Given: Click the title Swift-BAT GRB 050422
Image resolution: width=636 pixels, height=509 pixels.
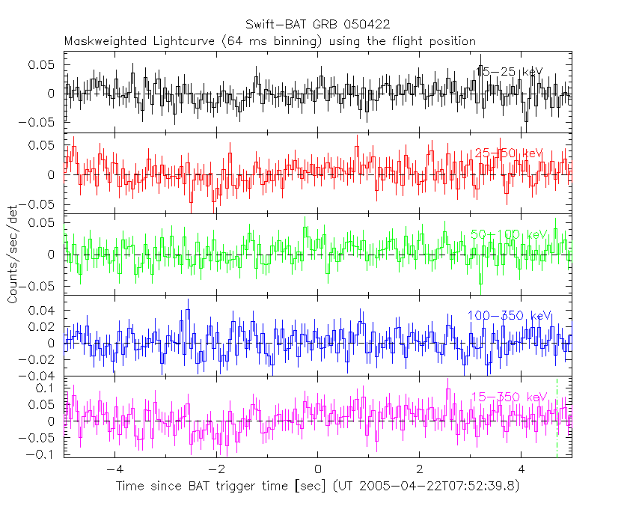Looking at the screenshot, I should (x=317, y=25).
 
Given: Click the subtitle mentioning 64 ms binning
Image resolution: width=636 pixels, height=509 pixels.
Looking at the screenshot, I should (x=269, y=40).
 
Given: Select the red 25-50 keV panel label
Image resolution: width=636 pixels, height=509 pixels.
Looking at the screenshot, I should (x=509, y=153).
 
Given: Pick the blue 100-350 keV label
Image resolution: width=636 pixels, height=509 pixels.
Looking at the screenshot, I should (x=510, y=315).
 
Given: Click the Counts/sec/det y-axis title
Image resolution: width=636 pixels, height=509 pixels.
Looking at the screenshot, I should (x=13, y=254).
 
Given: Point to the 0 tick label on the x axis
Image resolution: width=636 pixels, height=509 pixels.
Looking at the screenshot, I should (x=318, y=469).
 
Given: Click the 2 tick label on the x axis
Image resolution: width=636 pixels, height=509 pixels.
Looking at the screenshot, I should (x=420, y=469).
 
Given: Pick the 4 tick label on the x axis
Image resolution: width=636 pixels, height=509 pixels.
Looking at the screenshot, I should (x=522, y=469).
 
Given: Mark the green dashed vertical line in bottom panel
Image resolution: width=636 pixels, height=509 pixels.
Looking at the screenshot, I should (x=557, y=419).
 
